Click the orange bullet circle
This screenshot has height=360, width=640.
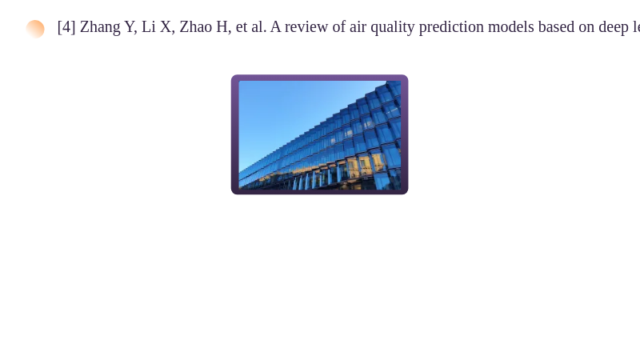35,29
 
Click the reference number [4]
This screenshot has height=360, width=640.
66,27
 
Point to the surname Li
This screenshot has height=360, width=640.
149,27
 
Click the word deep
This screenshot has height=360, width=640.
614,28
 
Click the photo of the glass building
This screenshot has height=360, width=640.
319,134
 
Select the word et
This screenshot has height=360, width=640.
242,27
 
